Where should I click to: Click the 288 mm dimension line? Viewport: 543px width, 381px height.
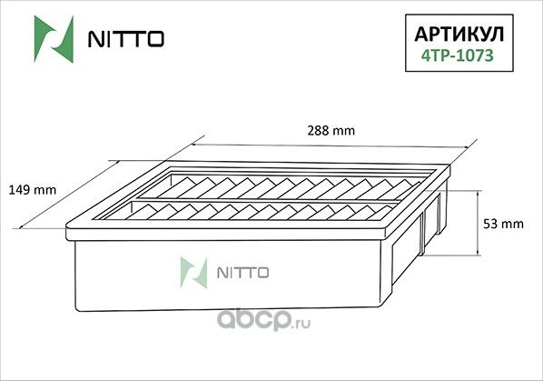(322, 145)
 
